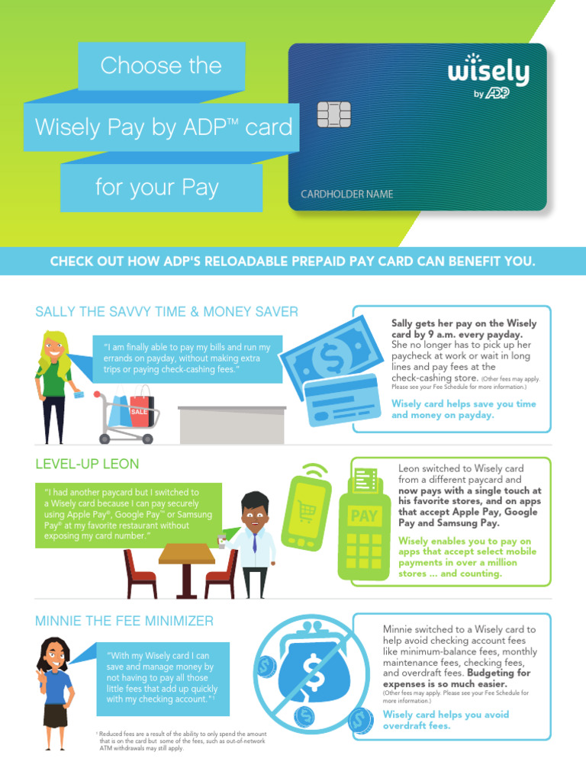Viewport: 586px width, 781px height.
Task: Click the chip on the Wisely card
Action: coord(333,114)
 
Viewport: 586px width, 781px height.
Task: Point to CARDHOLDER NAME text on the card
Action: coord(341,194)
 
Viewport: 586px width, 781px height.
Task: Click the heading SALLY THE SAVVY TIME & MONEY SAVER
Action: coord(166,312)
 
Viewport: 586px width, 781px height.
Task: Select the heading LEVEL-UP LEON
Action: coord(87,464)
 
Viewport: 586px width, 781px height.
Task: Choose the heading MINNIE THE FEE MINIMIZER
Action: coord(124,621)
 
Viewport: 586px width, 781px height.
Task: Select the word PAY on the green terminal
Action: coord(364,516)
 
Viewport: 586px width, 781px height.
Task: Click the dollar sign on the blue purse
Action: coord(313,672)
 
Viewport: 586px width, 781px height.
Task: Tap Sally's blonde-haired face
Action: coord(54,349)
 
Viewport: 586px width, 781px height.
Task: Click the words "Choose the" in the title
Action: coord(161,66)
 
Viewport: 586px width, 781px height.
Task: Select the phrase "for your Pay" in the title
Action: coord(156,187)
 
